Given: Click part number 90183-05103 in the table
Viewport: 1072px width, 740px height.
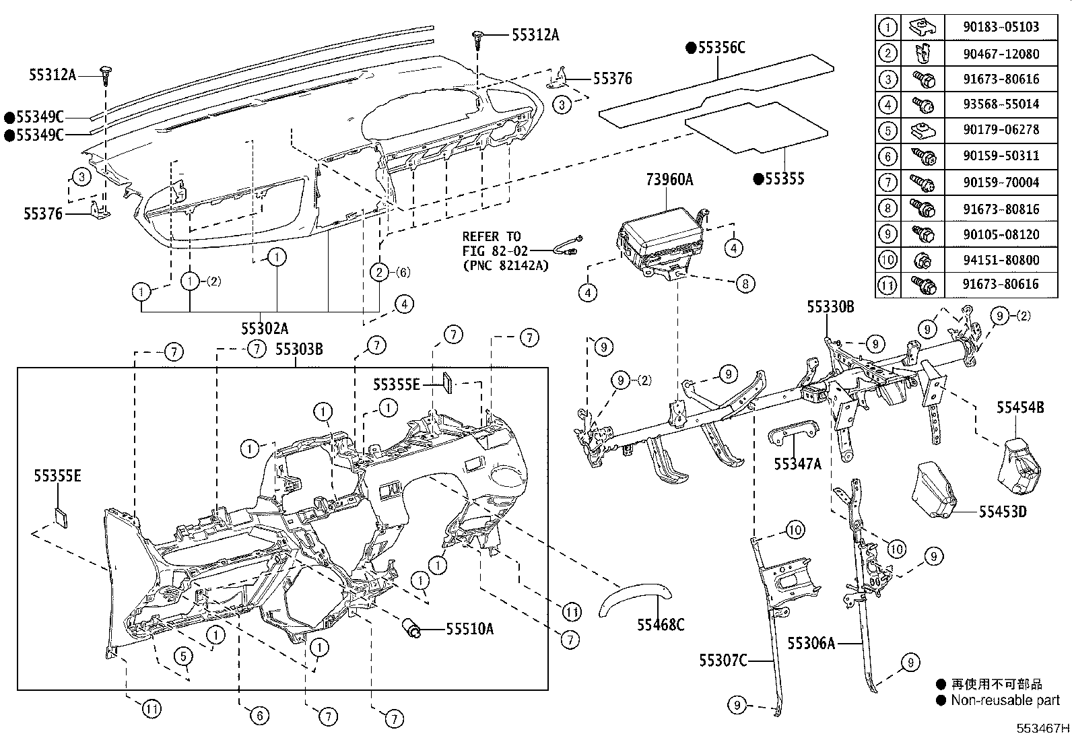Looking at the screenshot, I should click(1001, 27).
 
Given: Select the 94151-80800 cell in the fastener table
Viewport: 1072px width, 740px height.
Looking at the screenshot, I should click(1001, 259).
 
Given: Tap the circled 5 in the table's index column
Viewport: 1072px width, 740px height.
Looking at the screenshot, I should click(888, 130).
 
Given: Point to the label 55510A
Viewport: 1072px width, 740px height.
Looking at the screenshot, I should click(469, 629).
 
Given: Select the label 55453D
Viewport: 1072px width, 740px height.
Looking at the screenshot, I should click(1002, 512).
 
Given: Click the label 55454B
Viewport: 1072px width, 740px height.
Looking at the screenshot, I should click(1020, 407).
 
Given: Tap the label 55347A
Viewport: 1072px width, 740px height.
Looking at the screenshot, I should click(797, 463).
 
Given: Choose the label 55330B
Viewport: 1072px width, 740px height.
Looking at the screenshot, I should click(830, 306).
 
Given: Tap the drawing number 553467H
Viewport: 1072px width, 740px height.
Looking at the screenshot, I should click(1042, 729).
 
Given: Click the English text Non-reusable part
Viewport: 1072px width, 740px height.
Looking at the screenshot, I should click(1005, 700).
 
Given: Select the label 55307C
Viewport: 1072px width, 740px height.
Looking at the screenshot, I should click(723, 661).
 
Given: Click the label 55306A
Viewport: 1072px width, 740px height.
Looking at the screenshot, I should click(811, 644).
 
